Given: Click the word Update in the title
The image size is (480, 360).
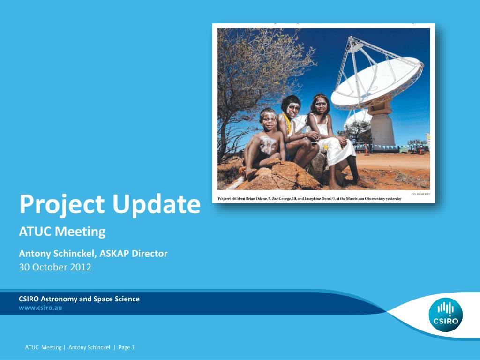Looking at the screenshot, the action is [157, 204].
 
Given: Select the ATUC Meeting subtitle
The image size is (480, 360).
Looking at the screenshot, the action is [62, 232].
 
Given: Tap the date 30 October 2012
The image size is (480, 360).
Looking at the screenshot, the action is [55, 267].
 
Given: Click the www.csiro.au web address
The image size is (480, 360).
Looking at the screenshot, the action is [40, 308].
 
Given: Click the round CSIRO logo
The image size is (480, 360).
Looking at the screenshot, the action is [445, 315].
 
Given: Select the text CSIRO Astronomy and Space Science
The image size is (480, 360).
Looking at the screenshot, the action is [79, 299].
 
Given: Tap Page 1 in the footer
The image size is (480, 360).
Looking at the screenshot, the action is [127, 347].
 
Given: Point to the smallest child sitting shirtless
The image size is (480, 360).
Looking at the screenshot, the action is [263, 144].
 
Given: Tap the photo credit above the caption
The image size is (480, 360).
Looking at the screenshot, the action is [420, 194].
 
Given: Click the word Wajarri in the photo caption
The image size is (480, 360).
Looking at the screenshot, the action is [224, 199].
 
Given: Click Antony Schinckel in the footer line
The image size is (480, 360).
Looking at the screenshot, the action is [89, 347].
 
